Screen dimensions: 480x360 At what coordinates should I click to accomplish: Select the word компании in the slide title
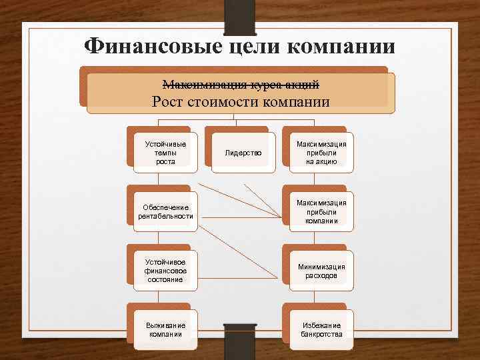tap(342, 46)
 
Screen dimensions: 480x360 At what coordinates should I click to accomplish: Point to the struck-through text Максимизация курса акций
tap(241, 85)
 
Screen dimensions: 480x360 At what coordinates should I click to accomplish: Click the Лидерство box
tap(243, 153)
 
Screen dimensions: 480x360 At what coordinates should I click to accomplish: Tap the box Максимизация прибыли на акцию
tap(321, 153)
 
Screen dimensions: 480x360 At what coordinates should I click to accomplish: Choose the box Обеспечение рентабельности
tap(165, 211)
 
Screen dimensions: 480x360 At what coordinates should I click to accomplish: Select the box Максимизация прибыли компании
tap(321, 211)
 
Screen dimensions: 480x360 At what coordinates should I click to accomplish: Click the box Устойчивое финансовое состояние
tap(165, 271)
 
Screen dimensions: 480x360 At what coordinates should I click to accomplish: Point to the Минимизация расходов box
tap(321, 271)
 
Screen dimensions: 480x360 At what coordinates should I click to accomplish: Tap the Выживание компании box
tap(165, 329)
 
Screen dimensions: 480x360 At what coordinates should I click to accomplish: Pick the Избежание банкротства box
tap(321, 329)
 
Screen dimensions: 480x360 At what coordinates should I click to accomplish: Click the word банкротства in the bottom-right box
tap(321, 334)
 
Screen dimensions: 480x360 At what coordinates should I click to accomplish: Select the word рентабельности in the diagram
tap(165, 216)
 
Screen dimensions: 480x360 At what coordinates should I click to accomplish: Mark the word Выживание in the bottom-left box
tap(165, 325)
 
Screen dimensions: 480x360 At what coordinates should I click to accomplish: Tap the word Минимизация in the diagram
tap(321, 266)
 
